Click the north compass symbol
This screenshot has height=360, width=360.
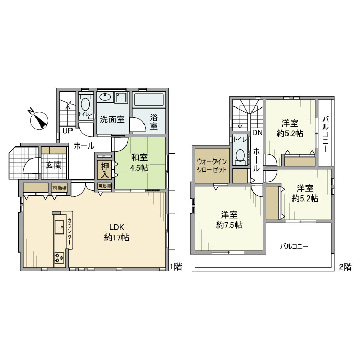[39, 120]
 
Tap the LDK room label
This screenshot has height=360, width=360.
[117, 232]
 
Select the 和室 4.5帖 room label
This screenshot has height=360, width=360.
[139, 163]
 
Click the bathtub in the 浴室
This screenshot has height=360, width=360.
[149, 99]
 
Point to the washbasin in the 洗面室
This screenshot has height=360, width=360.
[105, 97]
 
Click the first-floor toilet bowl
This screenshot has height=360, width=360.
[85, 104]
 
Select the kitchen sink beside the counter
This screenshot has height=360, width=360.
[59, 227]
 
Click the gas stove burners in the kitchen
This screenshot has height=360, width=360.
[59, 258]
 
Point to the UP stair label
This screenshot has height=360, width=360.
[67, 131]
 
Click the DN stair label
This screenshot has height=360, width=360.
[257, 133]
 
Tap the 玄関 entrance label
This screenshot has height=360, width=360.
[53, 165]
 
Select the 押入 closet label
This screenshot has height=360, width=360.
[105, 170]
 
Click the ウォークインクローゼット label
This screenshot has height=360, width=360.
[212, 166]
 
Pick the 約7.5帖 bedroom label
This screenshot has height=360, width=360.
[229, 225]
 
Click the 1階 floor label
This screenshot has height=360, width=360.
[176, 266]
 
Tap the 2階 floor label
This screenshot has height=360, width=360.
[345, 266]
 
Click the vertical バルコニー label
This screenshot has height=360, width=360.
[326, 134]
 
